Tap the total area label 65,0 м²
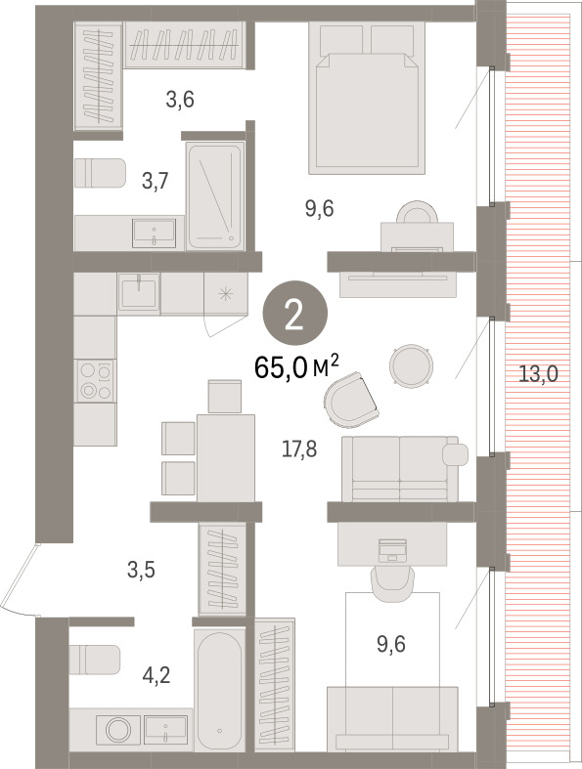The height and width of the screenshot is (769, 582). [296, 367]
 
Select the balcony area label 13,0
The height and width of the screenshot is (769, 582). [538, 374]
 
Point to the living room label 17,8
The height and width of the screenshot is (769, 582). [299, 449]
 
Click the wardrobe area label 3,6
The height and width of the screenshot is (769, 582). [180, 100]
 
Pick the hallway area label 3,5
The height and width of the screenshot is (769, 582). [141, 571]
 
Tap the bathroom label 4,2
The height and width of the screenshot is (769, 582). [157, 676]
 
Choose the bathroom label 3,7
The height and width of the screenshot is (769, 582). [156, 181]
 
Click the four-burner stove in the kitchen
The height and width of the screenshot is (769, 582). [95, 380]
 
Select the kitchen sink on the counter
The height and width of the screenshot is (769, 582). [139, 292]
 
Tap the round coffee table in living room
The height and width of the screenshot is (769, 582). [411, 365]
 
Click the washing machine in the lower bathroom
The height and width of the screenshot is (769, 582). [118, 729]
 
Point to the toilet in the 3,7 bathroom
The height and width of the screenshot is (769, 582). [101, 173]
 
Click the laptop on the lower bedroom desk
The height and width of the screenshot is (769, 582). [393, 550]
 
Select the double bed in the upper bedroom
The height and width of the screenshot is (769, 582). [367, 98]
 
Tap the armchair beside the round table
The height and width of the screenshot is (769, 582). [351, 400]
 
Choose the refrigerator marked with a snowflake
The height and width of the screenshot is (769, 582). [226, 294]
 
